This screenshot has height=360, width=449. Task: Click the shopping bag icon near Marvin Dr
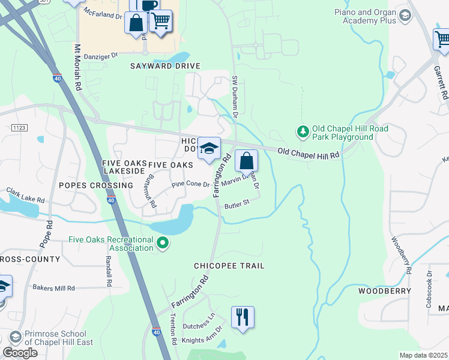point(246,160)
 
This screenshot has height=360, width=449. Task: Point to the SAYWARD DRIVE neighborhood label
point(165,66)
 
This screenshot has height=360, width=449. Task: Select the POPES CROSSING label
point(95,185)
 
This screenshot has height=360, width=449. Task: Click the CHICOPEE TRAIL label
point(229,265)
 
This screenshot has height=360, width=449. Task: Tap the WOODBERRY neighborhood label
point(385,291)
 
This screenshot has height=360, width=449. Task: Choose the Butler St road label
point(237,205)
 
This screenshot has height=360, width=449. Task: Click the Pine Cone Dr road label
point(190,185)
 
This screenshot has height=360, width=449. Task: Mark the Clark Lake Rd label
point(26,196)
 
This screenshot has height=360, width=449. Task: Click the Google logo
point(20,352)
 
